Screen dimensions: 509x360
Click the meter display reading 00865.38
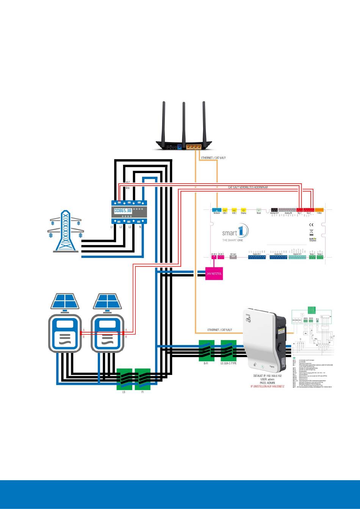(123, 210)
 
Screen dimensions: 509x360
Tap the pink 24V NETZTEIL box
(214, 274)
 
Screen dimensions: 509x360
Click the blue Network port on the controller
(217, 209)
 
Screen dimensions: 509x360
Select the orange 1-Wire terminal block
(319, 209)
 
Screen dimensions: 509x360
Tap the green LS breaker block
(124, 379)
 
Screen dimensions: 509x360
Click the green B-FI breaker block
(207, 351)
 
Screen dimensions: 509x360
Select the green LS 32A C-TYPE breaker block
(229, 351)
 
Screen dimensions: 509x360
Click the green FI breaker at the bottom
(142, 379)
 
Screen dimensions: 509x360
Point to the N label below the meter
(141, 227)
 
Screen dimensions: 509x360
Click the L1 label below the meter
(112, 227)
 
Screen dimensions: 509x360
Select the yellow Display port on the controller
(244, 209)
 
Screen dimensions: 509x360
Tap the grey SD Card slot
(233, 257)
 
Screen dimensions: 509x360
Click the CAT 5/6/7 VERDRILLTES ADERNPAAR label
(248, 187)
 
